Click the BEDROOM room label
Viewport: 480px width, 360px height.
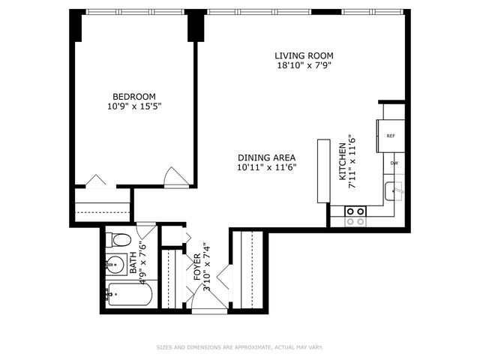(134, 96)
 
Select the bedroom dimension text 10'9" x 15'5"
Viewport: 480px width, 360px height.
(134, 106)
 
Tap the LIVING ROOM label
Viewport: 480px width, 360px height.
(304, 55)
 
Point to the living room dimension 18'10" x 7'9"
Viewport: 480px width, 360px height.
(304, 65)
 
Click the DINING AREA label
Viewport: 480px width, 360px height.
(266, 157)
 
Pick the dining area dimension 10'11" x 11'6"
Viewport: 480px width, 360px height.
(266, 167)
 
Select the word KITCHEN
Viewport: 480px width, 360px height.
(342, 161)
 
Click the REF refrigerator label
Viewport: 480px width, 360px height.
(391, 136)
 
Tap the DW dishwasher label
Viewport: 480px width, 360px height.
(393, 162)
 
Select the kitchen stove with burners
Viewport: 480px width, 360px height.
(356, 216)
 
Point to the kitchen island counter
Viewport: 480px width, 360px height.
(323, 170)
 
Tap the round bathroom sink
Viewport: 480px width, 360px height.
(115, 264)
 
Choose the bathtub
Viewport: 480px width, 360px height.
(129, 295)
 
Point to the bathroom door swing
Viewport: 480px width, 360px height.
(146, 229)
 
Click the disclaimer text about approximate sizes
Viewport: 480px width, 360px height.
(239, 347)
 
